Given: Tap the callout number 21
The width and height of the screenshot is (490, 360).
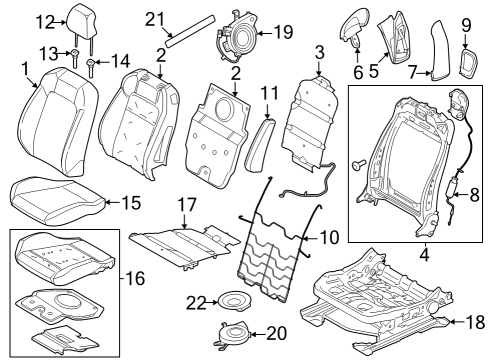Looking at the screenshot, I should pos(153,19).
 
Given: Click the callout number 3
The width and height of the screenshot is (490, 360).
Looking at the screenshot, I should pos(318,51).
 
